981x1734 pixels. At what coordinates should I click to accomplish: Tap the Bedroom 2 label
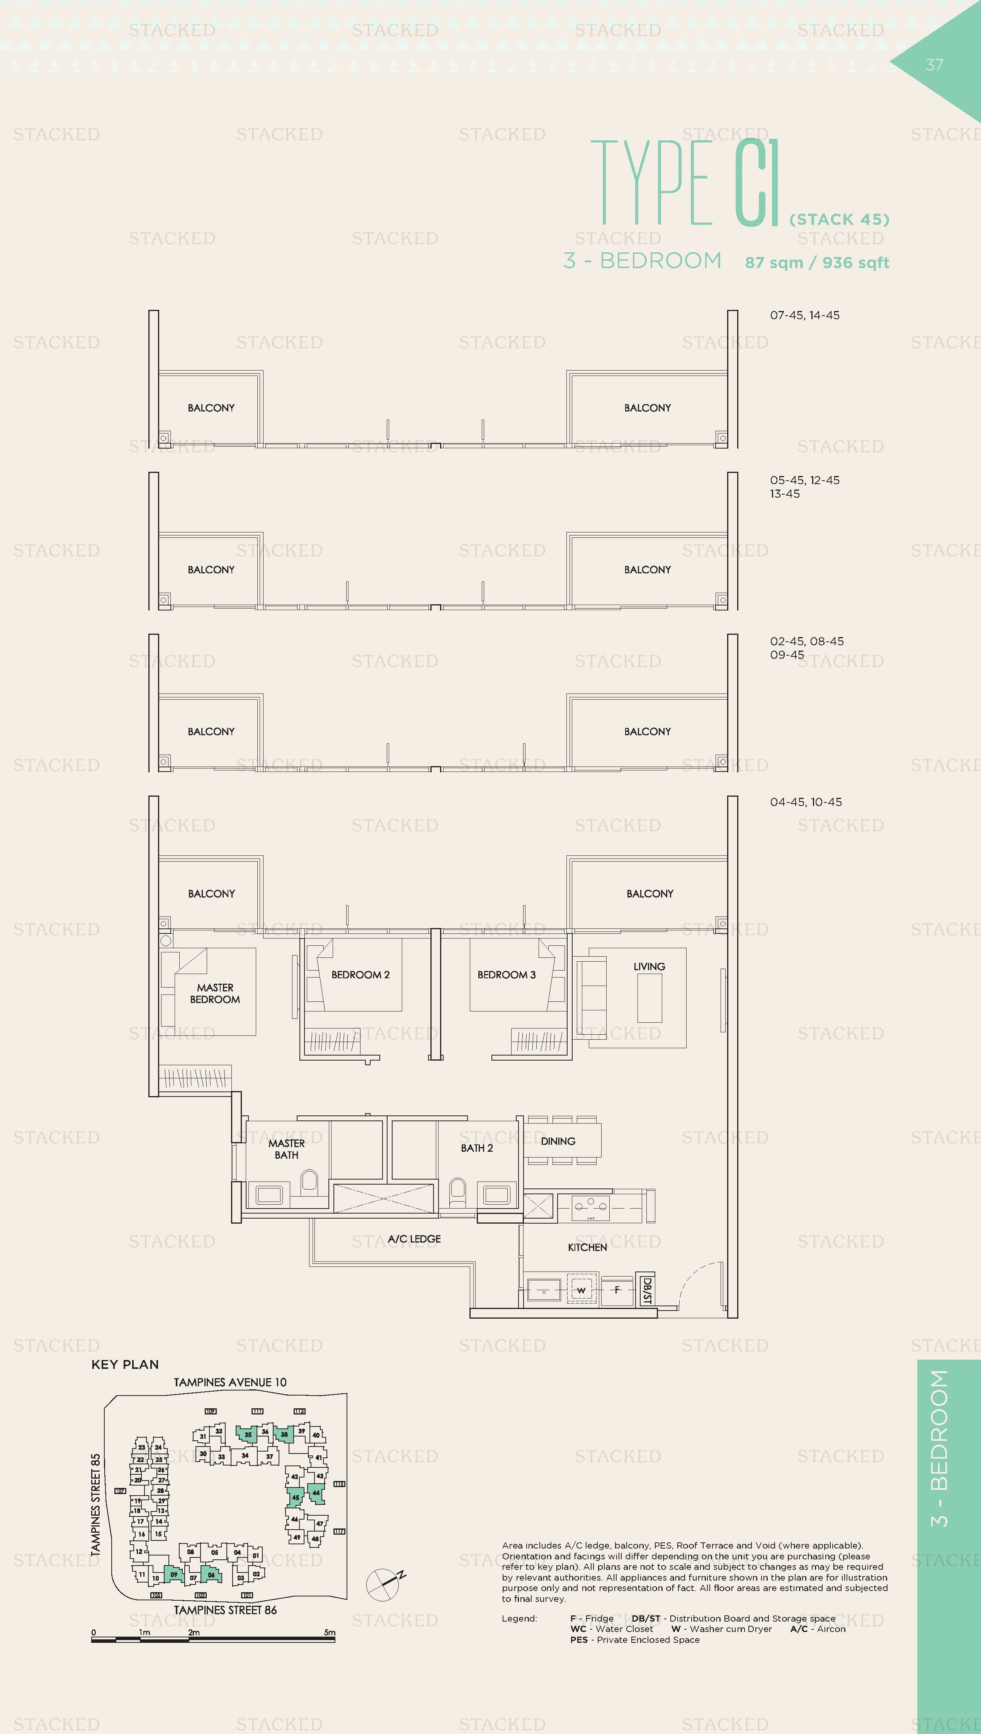[x=360, y=975]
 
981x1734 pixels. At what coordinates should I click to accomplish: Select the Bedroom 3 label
[x=507, y=975]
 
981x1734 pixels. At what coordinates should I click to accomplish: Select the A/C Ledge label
[x=414, y=1239]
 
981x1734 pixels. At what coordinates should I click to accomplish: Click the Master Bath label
[x=286, y=1149]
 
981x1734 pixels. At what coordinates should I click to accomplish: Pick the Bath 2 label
[x=477, y=1148]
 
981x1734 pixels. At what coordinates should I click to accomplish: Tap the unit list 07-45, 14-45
[x=805, y=315]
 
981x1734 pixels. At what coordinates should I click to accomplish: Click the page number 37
[x=935, y=65]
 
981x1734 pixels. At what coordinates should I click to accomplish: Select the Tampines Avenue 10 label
[x=230, y=1382]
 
